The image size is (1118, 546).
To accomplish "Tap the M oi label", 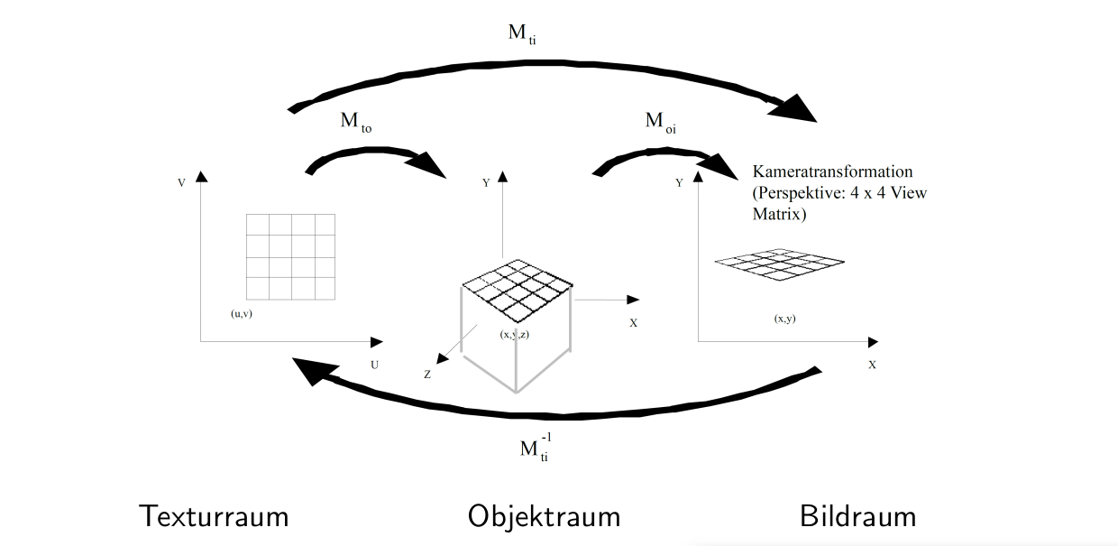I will (661, 123).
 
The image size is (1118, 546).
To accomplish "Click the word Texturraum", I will (214, 517).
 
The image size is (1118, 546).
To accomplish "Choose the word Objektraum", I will (544, 517).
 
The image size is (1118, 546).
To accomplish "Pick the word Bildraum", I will (857, 517).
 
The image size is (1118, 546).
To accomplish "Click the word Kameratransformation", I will (832, 171).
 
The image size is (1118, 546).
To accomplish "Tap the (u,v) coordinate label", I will (242, 314).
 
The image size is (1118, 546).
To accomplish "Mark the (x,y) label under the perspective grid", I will (784, 319).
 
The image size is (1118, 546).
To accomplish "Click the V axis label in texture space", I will (182, 183).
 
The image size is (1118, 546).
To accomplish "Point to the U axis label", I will (374, 364).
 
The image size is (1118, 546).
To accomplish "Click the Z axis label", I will (427, 373).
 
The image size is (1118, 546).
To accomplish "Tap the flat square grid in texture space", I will (290, 257).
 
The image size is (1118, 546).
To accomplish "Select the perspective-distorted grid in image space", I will (781, 262).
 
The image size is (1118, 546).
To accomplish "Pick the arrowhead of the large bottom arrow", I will (308, 369).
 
